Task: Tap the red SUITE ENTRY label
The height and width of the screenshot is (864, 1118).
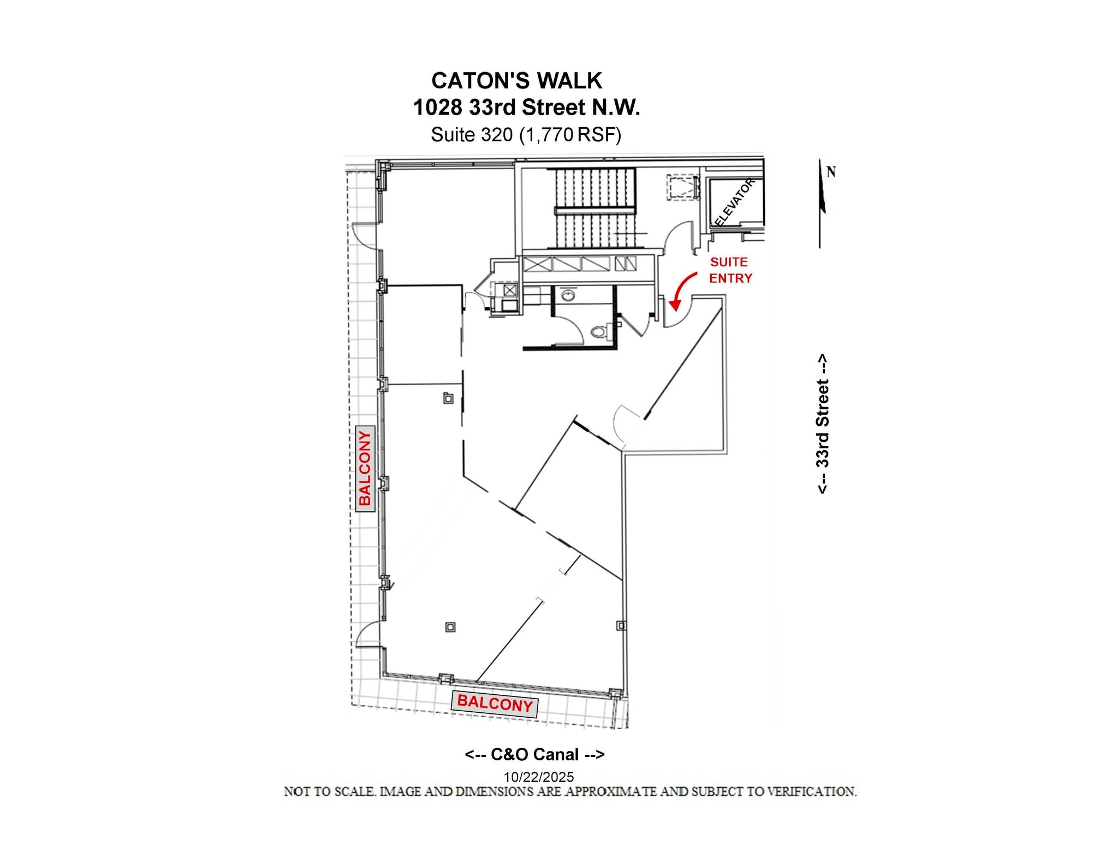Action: click(730, 270)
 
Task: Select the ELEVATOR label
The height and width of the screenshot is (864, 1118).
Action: click(734, 202)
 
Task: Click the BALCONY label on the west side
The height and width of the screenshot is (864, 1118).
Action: click(365, 468)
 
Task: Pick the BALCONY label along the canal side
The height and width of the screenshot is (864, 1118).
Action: click(495, 704)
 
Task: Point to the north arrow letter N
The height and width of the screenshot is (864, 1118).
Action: click(831, 172)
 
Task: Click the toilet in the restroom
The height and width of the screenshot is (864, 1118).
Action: click(600, 331)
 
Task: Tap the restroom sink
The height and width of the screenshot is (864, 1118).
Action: click(569, 295)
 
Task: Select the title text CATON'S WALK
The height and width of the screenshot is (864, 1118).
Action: click(516, 81)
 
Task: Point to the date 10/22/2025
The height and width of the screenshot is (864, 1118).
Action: click(538, 776)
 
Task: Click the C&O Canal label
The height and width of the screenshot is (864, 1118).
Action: click(534, 754)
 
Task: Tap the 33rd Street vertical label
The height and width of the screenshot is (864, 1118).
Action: click(823, 424)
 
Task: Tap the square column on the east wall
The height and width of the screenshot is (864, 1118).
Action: click(621, 625)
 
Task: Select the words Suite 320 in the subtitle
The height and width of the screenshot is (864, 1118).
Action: click(472, 134)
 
